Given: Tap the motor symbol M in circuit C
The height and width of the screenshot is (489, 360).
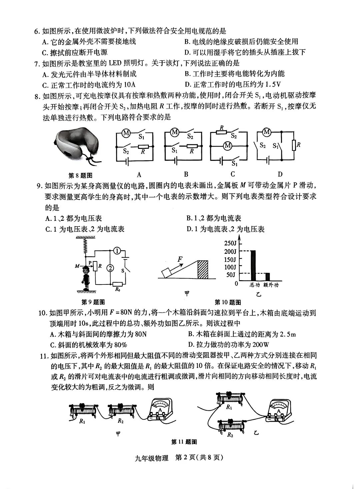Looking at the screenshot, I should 228,146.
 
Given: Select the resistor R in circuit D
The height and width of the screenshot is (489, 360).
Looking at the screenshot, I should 294,146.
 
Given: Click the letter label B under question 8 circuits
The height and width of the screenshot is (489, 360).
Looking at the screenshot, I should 186,174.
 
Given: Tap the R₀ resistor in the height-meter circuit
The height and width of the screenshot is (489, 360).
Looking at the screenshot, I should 117,284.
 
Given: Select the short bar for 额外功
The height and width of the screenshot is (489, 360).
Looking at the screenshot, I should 267,277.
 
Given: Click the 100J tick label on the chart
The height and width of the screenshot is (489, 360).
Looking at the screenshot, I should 230,267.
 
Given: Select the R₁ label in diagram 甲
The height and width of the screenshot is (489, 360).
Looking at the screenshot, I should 82,421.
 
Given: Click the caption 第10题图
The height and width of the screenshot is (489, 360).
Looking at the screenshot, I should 228,302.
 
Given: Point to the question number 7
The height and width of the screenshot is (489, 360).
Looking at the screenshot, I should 37,63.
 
